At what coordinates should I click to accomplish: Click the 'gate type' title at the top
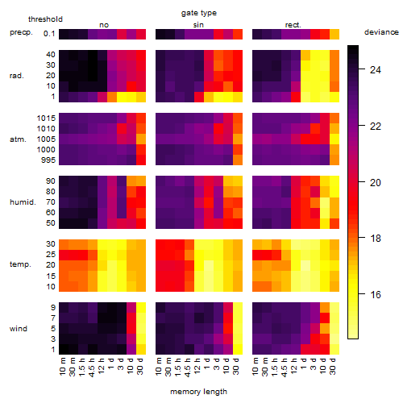199,13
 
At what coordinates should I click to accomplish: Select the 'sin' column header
198,25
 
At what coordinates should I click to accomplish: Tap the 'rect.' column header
293,25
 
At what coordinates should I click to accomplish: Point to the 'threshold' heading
45,19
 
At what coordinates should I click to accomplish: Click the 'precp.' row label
21,32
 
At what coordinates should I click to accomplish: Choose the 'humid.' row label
23,202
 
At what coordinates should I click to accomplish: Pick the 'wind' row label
19,329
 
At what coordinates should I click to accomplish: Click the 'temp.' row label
20,264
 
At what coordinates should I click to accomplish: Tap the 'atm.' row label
18,139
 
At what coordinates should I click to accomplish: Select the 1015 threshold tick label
46,118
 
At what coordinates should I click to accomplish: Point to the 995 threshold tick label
48,160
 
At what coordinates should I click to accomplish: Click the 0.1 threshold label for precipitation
49,34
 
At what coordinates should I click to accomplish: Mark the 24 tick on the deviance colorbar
376,70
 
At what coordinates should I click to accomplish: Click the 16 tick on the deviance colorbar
376,295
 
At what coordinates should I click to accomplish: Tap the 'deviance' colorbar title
381,32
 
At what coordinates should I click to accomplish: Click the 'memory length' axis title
198,392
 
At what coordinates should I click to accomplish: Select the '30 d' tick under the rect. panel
333,366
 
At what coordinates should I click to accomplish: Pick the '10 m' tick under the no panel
62,367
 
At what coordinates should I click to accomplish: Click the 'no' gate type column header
104,25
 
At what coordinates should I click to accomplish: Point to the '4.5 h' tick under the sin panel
188,368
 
